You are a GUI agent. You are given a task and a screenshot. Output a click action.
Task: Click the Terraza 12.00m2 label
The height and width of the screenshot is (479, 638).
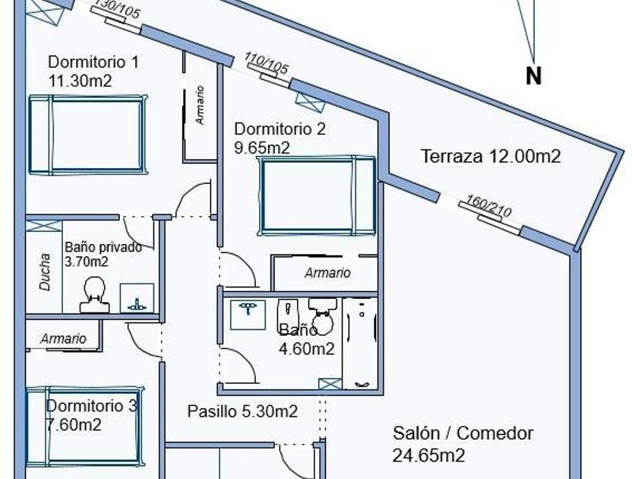click(x=491, y=157)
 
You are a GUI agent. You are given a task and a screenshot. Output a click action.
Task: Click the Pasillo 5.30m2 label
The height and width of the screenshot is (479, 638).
click(x=242, y=411)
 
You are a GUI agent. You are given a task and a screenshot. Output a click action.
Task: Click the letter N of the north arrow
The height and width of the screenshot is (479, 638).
click(x=534, y=76)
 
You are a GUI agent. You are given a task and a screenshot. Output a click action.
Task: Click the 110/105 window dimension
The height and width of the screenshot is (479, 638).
click(x=266, y=64)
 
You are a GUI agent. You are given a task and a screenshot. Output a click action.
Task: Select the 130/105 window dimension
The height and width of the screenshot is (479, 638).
click(x=117, y=10)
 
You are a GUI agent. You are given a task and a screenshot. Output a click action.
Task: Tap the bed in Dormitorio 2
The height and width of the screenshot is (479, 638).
click(x=317, y=195)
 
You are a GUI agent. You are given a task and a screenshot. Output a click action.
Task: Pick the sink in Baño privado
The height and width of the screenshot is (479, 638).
click(x=137, y=298)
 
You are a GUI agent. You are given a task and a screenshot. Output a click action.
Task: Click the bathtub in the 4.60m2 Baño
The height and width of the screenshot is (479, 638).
click(x=359, y=343)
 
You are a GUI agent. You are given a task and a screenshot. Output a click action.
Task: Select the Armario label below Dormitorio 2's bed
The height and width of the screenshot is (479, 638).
click(x=327, y=272)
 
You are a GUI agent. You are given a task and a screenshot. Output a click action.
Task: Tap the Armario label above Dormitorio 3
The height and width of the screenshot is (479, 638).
click(x=63, y=338)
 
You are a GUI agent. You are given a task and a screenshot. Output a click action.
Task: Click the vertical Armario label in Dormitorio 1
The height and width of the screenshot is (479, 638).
click(x=200, y=105)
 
